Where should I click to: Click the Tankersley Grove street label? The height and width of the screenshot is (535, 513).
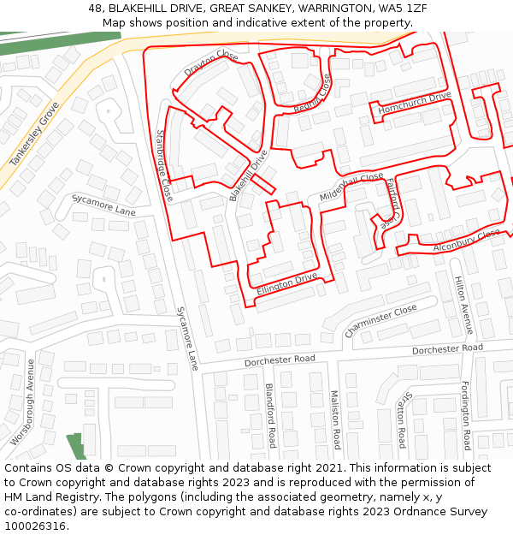tap(34, 134)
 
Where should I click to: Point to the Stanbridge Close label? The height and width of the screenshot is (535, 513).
tap(164, 166)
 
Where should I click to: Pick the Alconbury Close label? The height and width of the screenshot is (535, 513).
tap(466, 241)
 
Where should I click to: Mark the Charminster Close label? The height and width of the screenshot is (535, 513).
tap(380, 320)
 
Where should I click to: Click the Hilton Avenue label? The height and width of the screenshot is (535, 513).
tap(463, 305)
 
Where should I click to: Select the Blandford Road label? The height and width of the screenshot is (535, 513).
tap(270, 415)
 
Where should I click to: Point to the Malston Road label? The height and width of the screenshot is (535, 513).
tap(335, 419)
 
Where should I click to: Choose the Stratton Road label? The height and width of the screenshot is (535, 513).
tap(401, 419)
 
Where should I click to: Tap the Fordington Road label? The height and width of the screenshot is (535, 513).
tap(466, 415)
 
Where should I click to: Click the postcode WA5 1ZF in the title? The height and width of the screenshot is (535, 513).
tap(405, 8)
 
